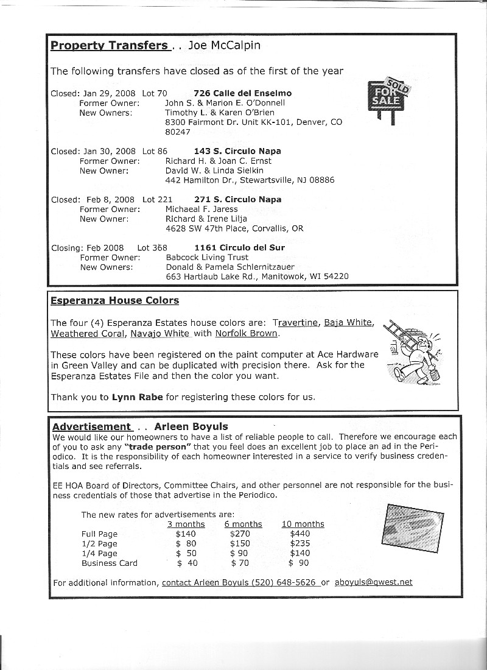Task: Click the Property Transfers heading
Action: pyautogui.click(x=108, y=46)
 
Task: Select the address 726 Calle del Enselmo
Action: pyautogui.click(x=243, y=93)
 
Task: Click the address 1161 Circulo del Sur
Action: pyautogui.click(x=239, y=248)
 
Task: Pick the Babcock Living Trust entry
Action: pyautogui.click(x=207, y=258)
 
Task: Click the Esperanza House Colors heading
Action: pyautogui.click(x=114, y=301)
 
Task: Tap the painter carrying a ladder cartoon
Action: pyautogui.click(x=413, y=353)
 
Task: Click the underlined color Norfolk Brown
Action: pyautogui.click(x=247, y=334)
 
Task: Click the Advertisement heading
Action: pyautogui.click(x=91, y=427)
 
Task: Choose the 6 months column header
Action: pyautogui.click(x=243, y=524)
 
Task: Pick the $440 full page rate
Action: pyautogui.click(x=300, y=534)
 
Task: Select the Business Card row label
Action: pyautogui.click(x=110, y=563)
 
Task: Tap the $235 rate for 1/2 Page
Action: pyautogui.click(x=300, y=544)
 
